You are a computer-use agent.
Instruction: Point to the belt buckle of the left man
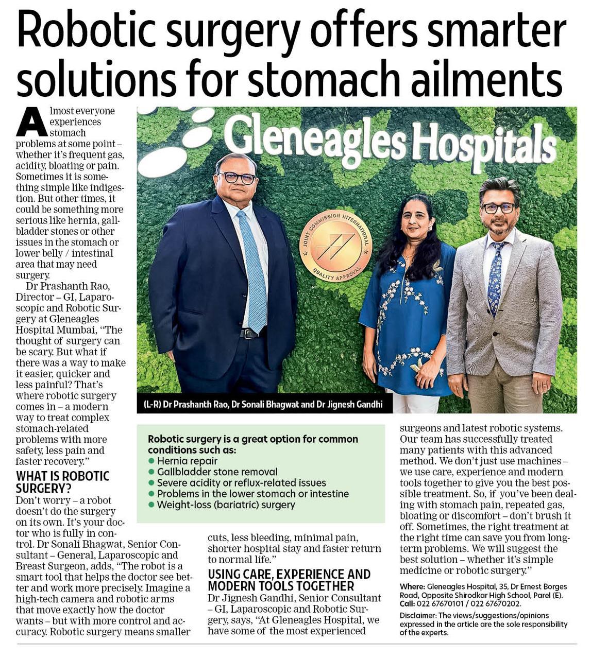click(249, 334)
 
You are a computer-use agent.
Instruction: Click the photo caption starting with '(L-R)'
click(263, 404)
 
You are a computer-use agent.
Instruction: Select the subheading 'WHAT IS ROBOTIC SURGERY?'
click(63, 481)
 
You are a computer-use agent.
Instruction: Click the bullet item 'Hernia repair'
click(187, 461)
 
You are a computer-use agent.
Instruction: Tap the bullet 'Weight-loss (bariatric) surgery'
click(226, 505)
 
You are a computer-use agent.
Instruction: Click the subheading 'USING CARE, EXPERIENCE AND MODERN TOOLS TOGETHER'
click(289, 580)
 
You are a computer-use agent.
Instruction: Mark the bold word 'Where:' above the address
click(412, 586)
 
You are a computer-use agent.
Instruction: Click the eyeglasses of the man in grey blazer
click(499, 208)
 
